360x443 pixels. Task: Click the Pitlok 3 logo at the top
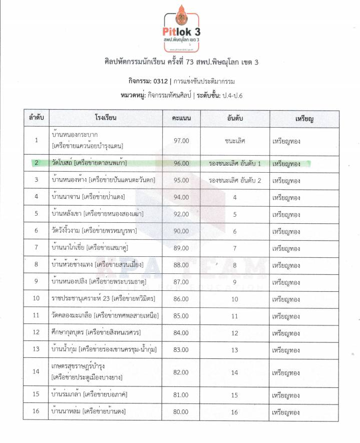click(180, 29)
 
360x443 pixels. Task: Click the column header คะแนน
click(181, 119)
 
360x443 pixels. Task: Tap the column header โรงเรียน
click(105, 119)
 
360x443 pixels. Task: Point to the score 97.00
click(181, 141)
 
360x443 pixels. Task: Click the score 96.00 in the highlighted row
click(181, 163)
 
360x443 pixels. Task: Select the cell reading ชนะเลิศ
click(235, 141)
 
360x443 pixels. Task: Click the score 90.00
click(181, 231)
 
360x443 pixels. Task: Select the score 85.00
click(181, 316)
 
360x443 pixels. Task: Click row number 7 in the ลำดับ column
click(36, 248)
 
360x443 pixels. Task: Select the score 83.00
click(181, 349)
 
